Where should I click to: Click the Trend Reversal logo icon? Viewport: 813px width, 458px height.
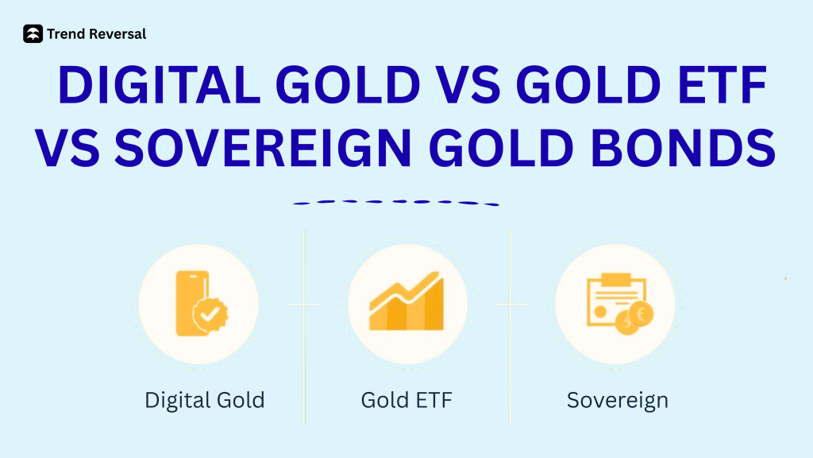pos(33,34)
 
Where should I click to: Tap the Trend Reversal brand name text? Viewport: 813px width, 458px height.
pos(96,34)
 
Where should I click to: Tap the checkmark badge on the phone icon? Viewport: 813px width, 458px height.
pos(210,316)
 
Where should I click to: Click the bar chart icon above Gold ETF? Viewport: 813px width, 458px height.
pos(406,304)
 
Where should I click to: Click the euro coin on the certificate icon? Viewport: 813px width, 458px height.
pos(640,315)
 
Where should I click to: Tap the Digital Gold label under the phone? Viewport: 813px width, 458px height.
pos(204,400)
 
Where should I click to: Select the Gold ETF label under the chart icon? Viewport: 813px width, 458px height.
pos(406,400)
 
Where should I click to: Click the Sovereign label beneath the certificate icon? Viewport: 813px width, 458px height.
pos(617,400)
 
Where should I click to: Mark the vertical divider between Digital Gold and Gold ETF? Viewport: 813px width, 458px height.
pos(304,326)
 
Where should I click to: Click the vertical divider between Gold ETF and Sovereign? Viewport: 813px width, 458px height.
pos(511,326)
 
